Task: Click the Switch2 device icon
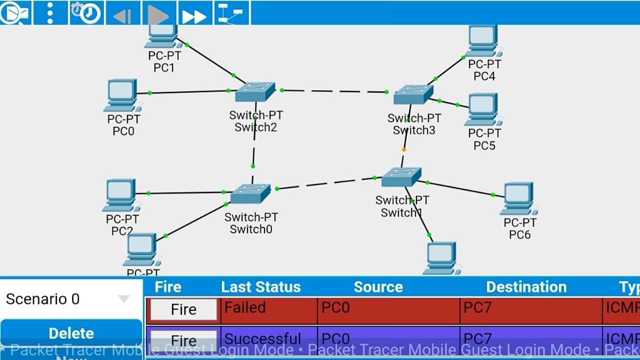[x=255, y=92]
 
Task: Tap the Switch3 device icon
[x=413, y=94]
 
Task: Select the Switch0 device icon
[x=250, y=193]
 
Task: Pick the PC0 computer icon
[x=121, y=95]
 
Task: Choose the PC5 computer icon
[x=482, y=109]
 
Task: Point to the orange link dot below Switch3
[x=404, y=149]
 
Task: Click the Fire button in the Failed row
[x=183, y=309]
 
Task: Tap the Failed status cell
[x=269, y=309]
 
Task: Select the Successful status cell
[x=269, y=339]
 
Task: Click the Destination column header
[x=526, y=287]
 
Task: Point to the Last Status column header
[x=260, y=287]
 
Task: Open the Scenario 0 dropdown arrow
[x=123, y=299]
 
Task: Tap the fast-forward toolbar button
[x=194, y=13]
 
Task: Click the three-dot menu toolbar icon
[x=49, y=13]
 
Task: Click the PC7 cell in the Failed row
[x=530, y=309]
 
